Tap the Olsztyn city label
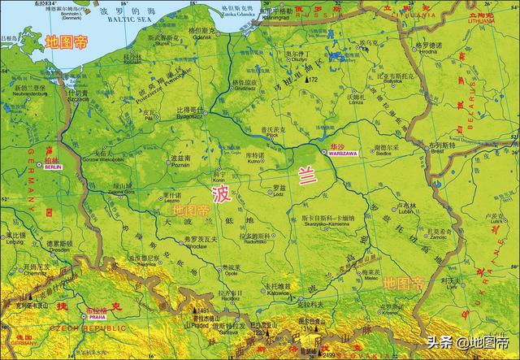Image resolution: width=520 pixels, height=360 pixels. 297,59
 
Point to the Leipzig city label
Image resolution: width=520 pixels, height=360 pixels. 14,243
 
